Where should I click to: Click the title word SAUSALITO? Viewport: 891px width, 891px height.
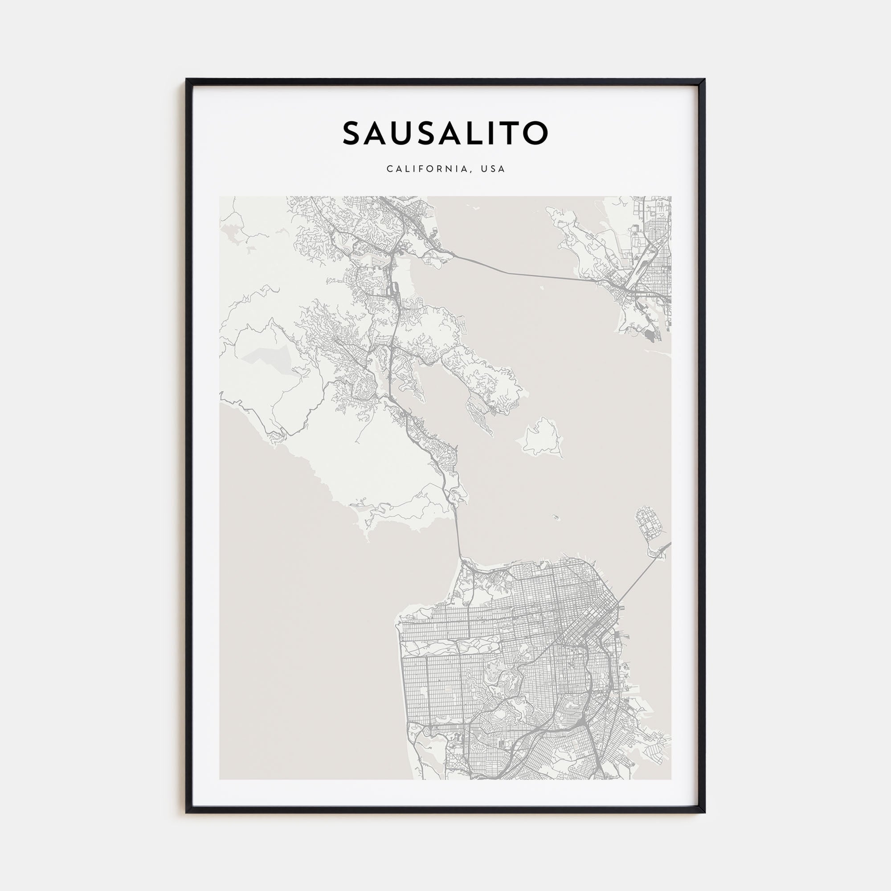445,133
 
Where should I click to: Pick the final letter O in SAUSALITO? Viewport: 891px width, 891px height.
534,133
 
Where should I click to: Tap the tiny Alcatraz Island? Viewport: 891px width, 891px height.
555,517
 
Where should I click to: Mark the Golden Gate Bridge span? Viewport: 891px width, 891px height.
459,535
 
